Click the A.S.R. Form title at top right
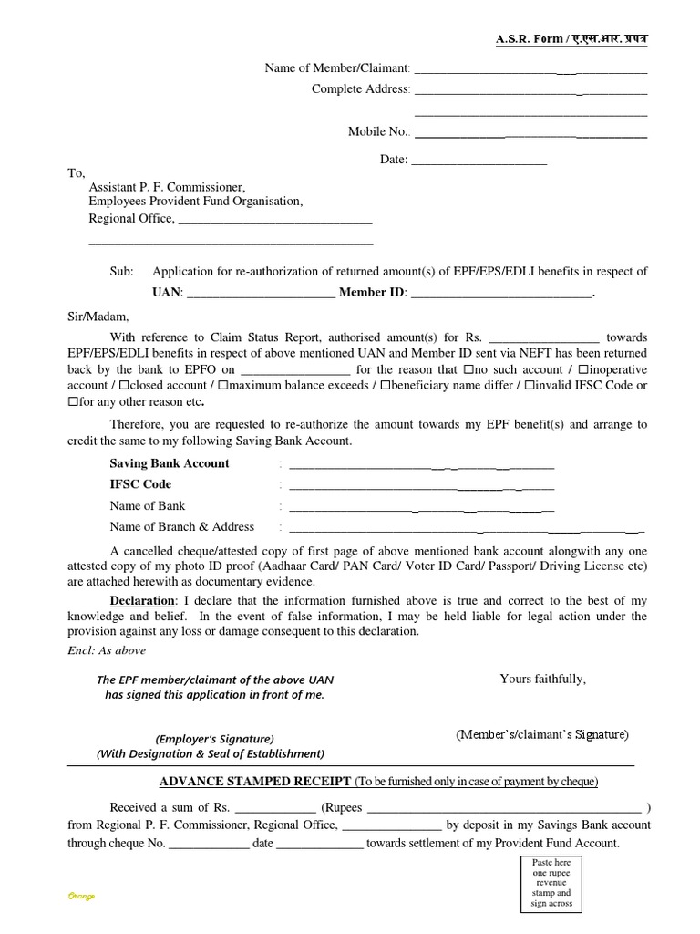tap(571, 39)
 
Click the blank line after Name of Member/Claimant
tap(530, 69)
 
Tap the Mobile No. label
tap(378, 131)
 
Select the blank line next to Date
tap(479, 161)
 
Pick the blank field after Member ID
tap(501, 294)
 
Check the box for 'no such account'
tap(468, 369)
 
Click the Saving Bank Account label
tap(170, 463)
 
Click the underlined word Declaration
tap(142, 601)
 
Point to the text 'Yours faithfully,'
tap(542, 679)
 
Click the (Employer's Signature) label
tap(214, 739)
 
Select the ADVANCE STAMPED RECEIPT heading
tap(254, 782)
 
